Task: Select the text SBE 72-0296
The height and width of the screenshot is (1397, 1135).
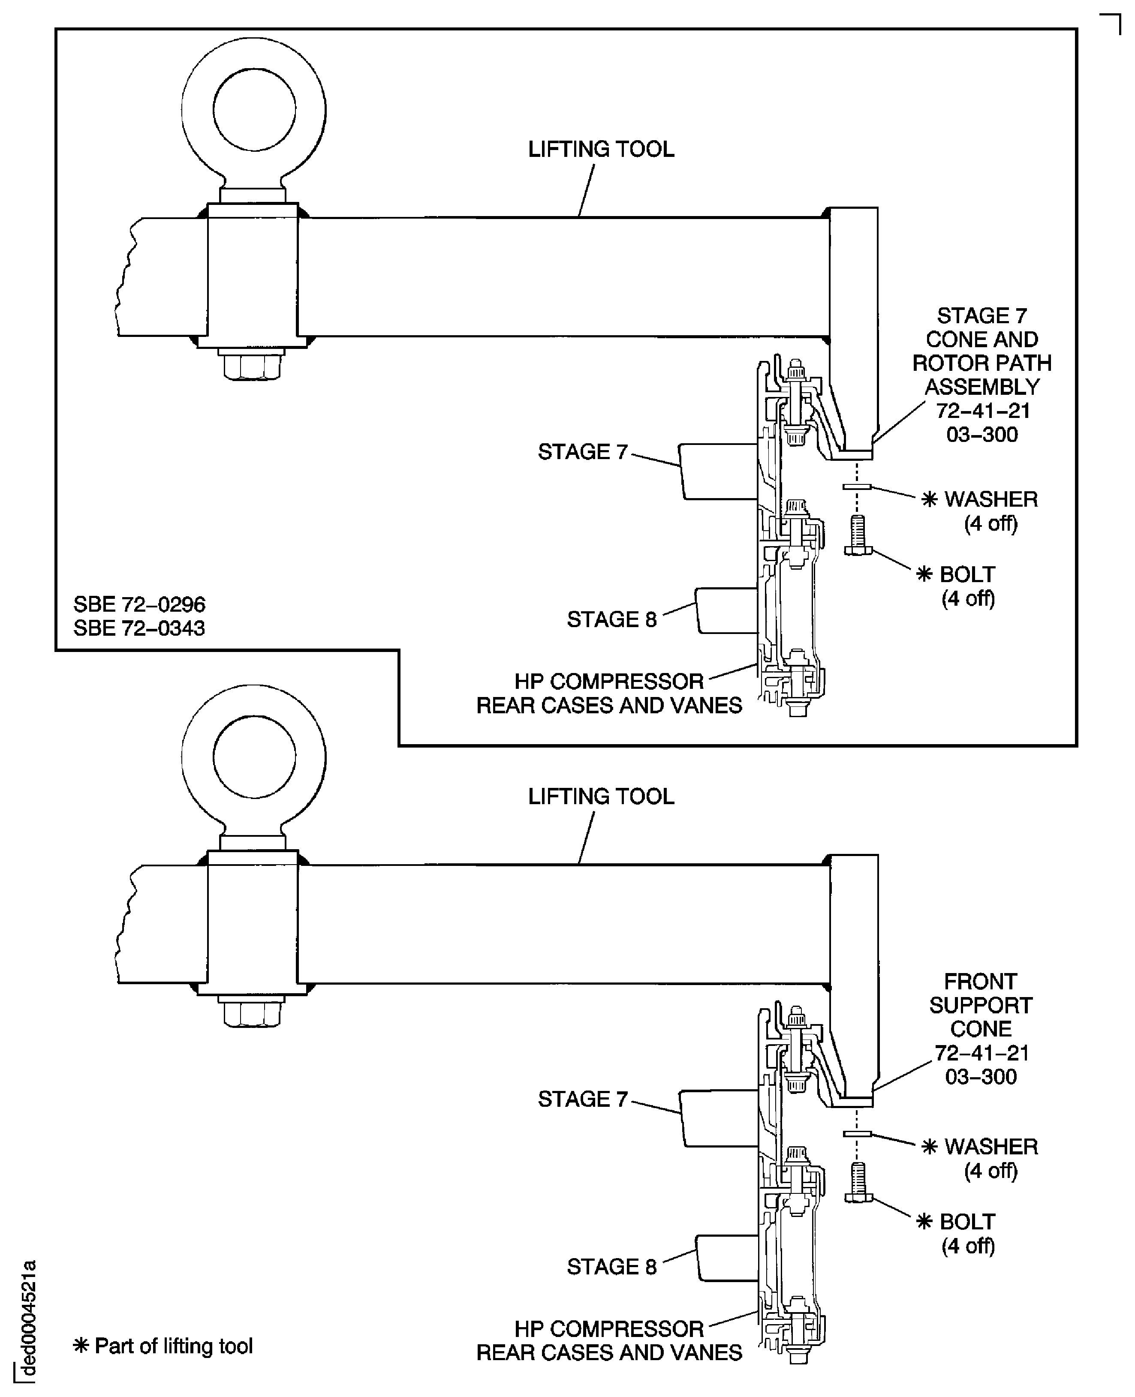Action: tap(139, 604)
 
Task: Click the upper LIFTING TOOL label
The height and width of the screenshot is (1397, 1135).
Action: tap(601, 149)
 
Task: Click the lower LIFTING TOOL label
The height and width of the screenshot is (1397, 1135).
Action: tap(601, 796)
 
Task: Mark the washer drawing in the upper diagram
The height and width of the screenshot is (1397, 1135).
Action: tap(856, 487)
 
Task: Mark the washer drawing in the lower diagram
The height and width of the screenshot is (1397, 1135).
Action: tap(856, 1133)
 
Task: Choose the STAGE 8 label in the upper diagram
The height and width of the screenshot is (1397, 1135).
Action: tap(611, 619)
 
